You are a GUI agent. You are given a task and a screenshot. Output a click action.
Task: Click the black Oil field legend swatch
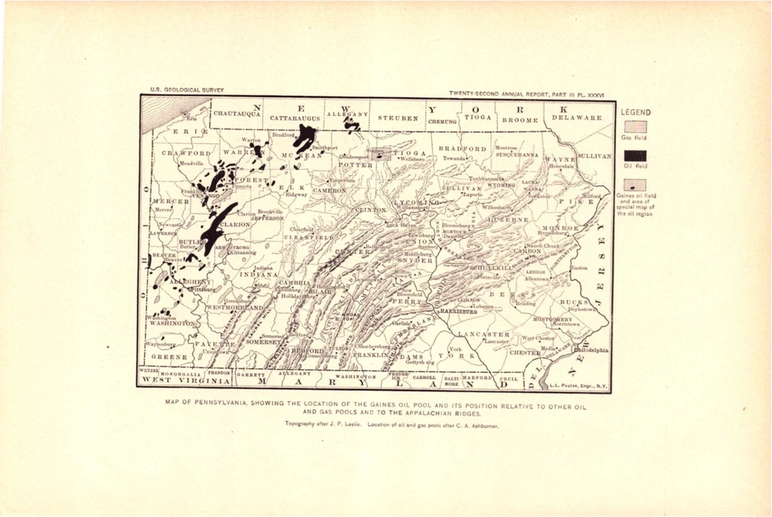(x=635, y=155)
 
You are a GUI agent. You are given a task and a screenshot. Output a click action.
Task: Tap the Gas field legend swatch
(x=635, y=127)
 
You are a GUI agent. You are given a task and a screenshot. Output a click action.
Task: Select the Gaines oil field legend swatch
(x=635, y=184)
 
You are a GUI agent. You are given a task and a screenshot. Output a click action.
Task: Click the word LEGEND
(x=635, y=113)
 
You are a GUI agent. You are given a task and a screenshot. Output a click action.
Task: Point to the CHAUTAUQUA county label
(x=236, y=114)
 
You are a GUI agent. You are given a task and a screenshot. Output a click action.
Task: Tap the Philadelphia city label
(x=592, y=350)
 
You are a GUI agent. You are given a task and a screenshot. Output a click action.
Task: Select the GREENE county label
(x=169, y=356)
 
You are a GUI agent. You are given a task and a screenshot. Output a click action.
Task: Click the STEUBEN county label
(x=398, y=118)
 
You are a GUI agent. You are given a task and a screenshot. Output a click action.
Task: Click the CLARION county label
(x=235, y=225)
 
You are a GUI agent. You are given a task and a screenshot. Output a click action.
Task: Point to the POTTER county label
(x=332, y=163)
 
